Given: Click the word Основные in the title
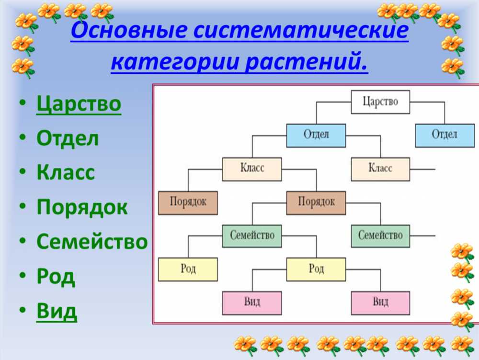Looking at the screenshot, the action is click(128, 30).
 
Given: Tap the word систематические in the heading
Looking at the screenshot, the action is click(301, 30).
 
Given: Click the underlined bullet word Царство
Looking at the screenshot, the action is click(79, 104).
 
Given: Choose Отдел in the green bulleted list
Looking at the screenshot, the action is click(68, 139).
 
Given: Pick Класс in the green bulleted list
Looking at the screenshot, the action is click(66, 173).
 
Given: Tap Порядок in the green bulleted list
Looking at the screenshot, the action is click(82, 207).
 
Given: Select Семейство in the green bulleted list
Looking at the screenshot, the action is click(92, 242).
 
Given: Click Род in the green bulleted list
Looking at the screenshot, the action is click(56, 276).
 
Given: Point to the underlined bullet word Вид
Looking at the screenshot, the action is click(57, 311).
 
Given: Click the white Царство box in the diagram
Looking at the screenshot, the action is click(380, 102).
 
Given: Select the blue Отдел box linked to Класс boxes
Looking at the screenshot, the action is click(316, 135).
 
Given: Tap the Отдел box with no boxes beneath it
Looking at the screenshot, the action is click(445, 135).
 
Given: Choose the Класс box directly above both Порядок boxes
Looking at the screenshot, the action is click(252, 169).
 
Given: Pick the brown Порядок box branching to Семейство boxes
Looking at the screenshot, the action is click(316, 203).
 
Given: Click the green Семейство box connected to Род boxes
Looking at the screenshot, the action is click(252, 236).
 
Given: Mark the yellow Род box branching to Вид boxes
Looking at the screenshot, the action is click(316, 269).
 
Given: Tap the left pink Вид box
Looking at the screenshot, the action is click(252, 303).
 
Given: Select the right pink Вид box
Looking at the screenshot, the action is click(380, 303).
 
